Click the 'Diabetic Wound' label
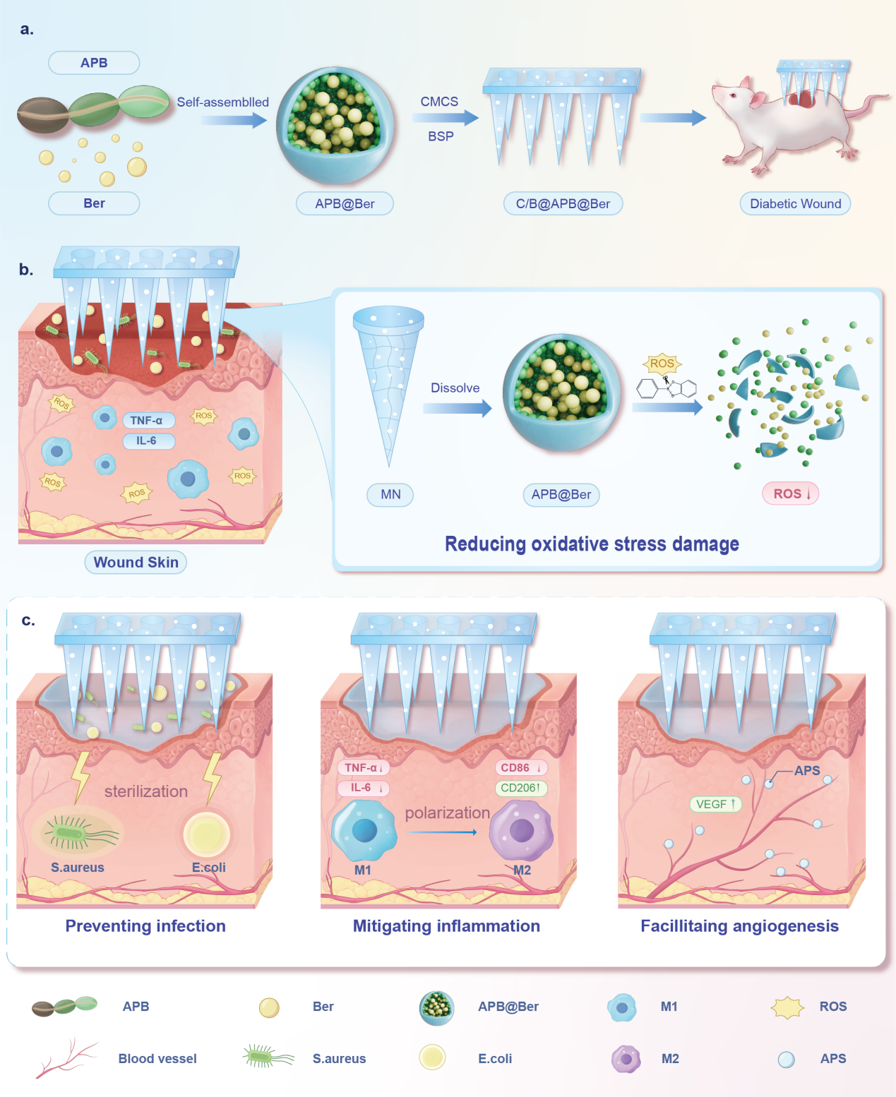(x=795, y=204)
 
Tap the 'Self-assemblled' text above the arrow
(x=222, y=102)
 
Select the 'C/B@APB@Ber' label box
(x=563, y=204)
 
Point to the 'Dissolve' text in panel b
(x=455, y=388)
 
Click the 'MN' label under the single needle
(x=390, y=495)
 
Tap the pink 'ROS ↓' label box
(x=791, y=493)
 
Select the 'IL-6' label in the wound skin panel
(x=146, y=440)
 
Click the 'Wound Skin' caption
(x=136, y=562)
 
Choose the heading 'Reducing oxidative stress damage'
(x=592, y=544)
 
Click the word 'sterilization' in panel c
(x=146, y=791)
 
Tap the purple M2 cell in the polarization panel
(x=522, y=831)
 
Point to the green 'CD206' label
(x=520, y=788)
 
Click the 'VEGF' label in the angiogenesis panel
(x=715, y=804)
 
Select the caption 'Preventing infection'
(x=145, y=925)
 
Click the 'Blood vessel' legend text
(x=157, y=1058)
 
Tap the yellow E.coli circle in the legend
(x=432, y=1057)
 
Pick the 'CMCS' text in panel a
(x=439, y=102)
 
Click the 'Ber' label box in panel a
(x=94, y=203)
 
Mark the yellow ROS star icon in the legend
(x=787, y=1007)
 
